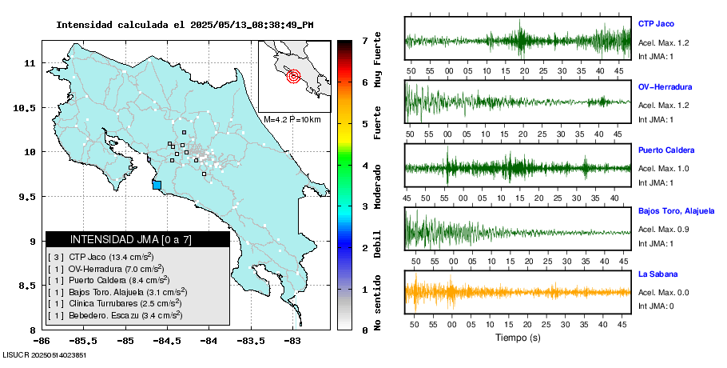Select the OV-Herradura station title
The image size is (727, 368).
point(665,87)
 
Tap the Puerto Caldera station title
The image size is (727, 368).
point(666,150)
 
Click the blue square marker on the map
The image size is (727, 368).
point(157,185)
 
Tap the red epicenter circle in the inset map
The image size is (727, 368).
point(293,77)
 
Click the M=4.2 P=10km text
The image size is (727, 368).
point(292,120)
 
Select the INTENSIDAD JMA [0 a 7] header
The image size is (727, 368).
point(137,239)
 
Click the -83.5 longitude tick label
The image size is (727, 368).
point(250,341)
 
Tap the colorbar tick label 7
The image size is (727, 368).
point(364,40)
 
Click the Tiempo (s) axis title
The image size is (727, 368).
point(518,338)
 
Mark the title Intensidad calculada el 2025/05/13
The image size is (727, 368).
point(184,24)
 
